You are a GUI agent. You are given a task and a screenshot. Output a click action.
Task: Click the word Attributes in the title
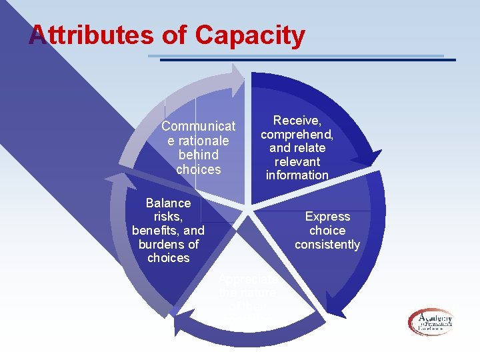[x=91, y=35]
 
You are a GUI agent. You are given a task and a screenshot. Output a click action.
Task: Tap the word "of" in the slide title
[x=175, y=35]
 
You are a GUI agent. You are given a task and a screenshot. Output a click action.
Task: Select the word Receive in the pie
[x=297, y=121]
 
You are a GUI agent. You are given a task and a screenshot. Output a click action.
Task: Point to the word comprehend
[x=297, y=134]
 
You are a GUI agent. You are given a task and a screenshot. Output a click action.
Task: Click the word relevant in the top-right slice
[x=297, y=161]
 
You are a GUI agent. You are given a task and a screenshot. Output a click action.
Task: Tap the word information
[x=297, y=175]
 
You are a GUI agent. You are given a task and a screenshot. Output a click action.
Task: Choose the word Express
[x=327, y=217]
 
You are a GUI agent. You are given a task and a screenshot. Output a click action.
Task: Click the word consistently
[x=327, y=245]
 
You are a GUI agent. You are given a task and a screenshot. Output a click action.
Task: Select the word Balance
[x=168, y=203]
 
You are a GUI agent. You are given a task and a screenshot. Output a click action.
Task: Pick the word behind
[x=198, y=155]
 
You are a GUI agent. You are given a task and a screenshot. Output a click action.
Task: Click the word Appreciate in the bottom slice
[x=247, y=279]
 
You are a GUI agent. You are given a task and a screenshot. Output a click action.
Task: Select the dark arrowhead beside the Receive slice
[x=366, y=157]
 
